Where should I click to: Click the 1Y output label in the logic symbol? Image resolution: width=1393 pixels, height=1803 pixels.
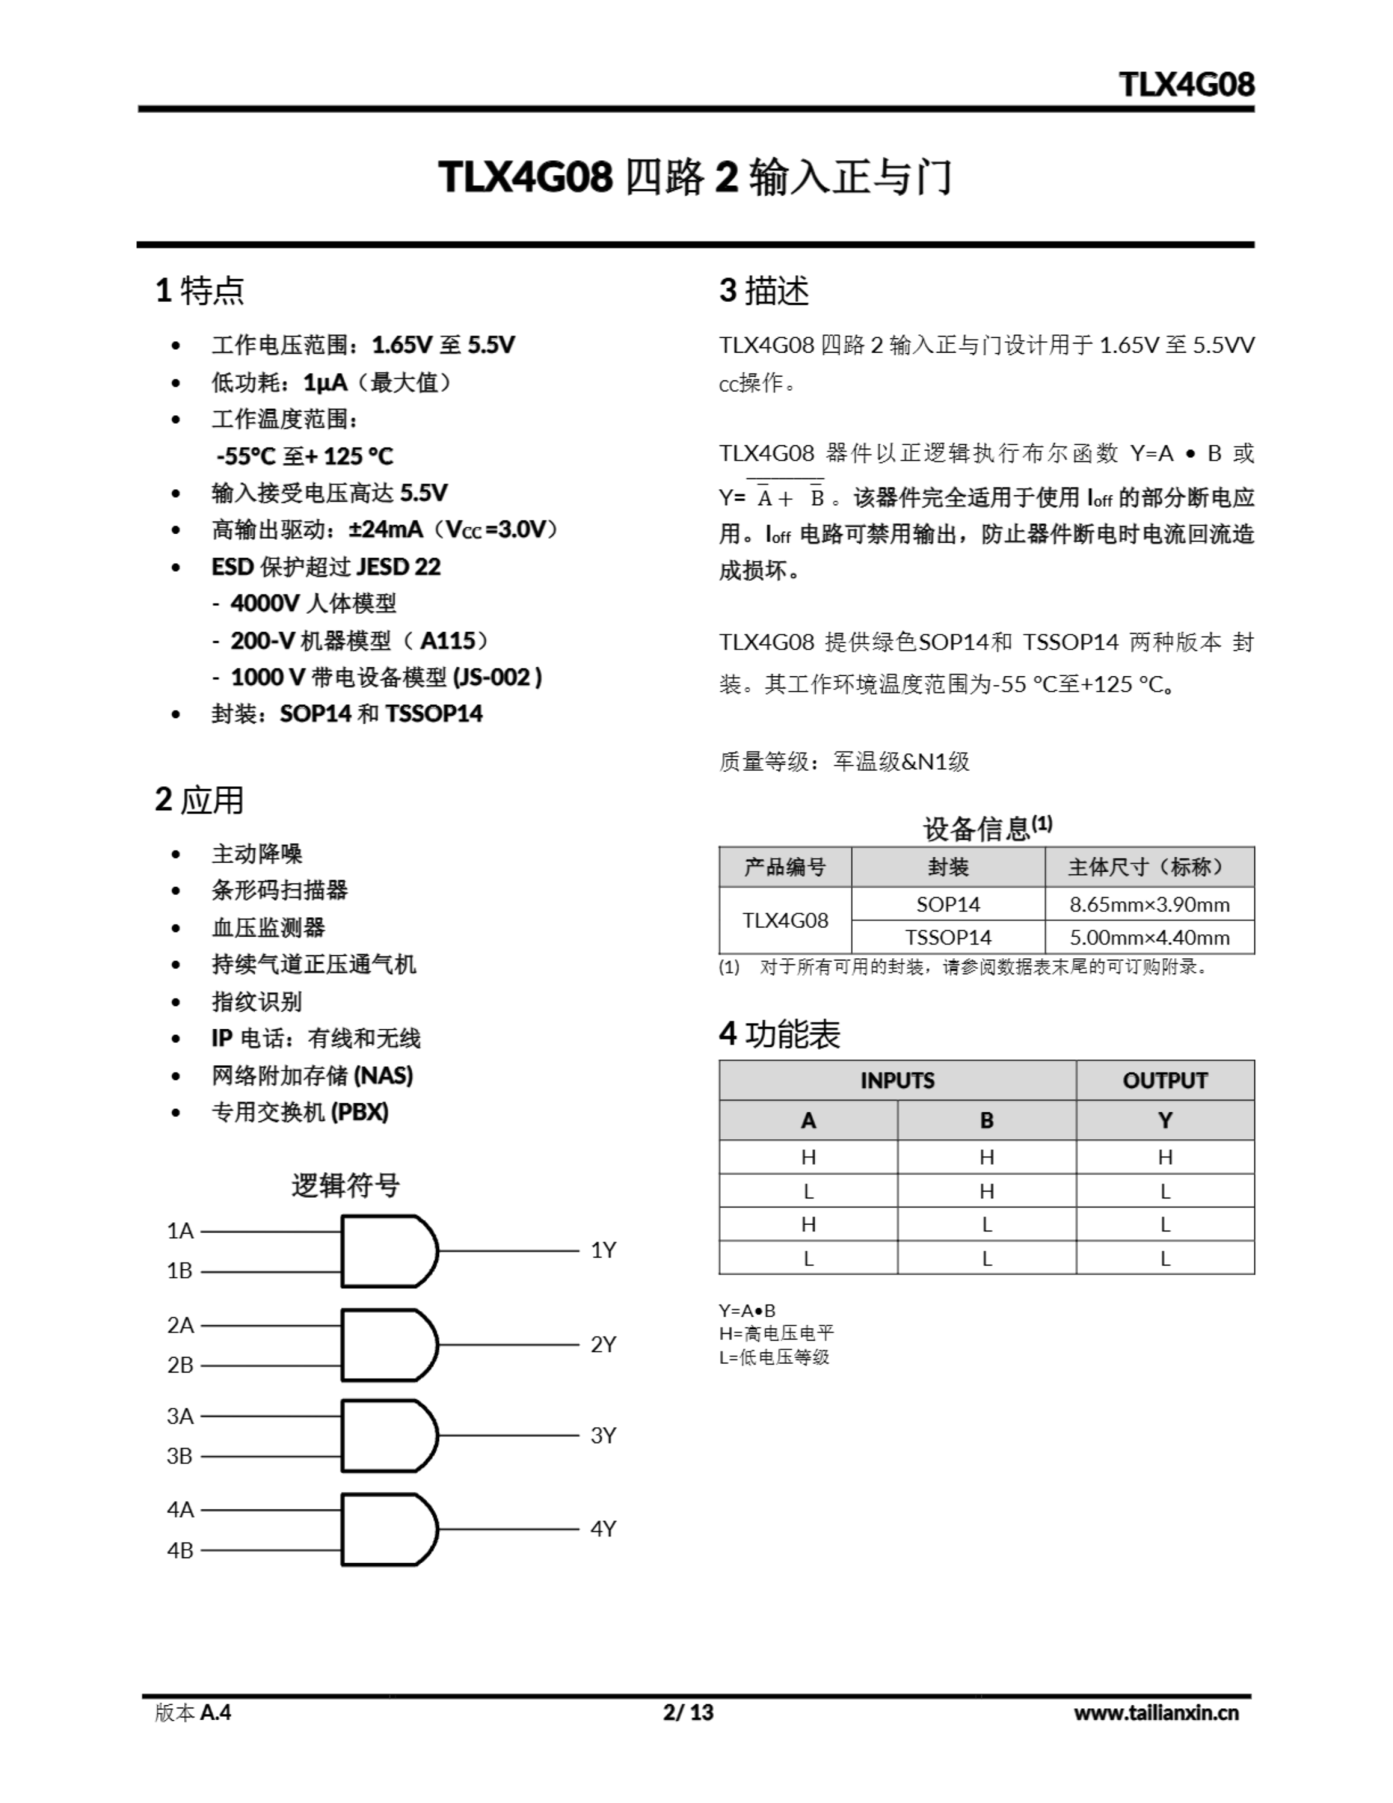(x=603, y=1250)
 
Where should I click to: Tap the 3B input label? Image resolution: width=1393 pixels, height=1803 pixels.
(x=180, y=1456)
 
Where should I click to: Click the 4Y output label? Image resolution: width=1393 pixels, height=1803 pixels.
(x=603, y=1529)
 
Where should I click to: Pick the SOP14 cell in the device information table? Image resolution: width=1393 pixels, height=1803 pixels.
(x=947, y=904)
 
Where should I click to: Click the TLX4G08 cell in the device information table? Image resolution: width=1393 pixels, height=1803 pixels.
(x=785, y=921)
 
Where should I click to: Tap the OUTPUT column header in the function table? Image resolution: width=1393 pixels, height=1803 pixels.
(x=1164, y=1080)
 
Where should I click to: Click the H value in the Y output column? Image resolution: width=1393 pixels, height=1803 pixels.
(x=1164, y=1157)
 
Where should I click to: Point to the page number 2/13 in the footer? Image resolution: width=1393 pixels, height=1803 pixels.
(x=688, y=1711)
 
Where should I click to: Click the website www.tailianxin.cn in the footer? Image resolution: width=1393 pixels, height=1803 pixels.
(x=1156, y=1712)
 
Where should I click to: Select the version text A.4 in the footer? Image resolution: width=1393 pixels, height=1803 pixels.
(x=215, y=1712)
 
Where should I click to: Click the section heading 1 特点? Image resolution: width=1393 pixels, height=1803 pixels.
(x=200, y=291)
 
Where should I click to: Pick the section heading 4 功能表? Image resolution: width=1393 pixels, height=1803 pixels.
(x=780, y=1035)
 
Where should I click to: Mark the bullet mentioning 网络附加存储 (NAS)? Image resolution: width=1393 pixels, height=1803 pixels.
(x=311, y=1075)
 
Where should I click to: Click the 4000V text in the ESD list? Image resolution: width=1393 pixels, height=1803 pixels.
(x=265, y=604)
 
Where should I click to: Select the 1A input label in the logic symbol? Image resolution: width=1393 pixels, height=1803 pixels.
(x=180, y=1231)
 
